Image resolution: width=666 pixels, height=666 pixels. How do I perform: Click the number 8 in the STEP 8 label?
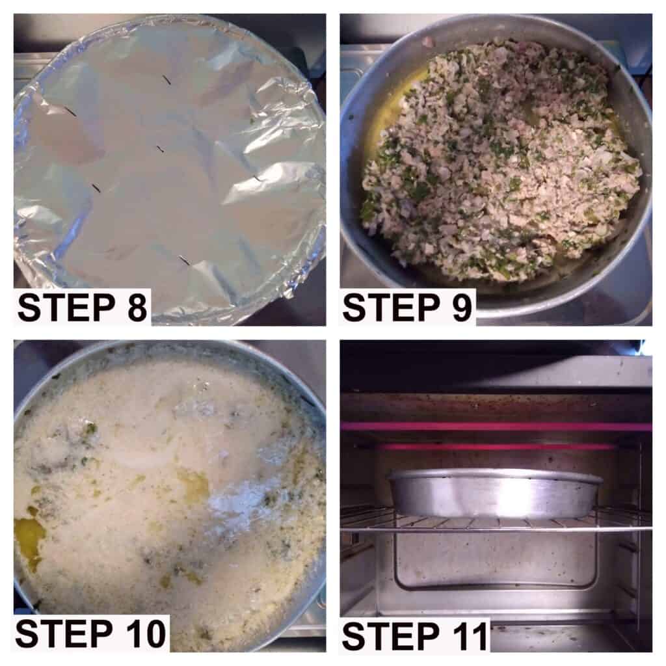[x=137, y=307]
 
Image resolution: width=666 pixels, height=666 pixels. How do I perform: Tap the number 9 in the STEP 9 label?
[x=461, y=307]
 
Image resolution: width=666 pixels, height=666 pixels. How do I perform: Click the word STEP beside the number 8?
[x=66, y=307]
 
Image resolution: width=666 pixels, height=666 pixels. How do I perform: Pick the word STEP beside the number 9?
[x=391, y=307]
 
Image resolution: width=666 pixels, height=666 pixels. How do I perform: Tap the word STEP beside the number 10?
[x=64, y=633]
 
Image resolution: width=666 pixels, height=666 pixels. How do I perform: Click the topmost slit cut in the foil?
[x=166, y=79]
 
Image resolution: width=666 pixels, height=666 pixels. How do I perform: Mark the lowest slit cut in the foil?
[x=184, y=261]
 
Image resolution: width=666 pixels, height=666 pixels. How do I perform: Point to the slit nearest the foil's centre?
[x=160, y=149]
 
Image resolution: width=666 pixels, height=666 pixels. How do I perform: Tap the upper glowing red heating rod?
[x=497, y=427]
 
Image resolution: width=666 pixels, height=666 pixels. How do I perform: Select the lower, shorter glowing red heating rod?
[x=497, y=447]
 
